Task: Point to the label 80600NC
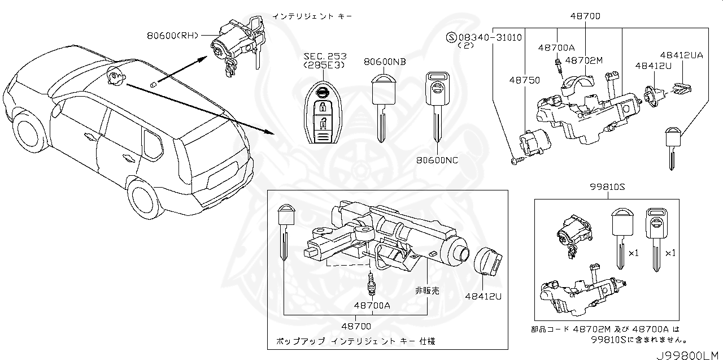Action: (438, 159)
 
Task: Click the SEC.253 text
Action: (325, 57)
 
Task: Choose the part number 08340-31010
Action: (489, 37)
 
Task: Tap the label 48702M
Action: (584, 60)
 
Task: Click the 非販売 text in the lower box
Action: (427, 290)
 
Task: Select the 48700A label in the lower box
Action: (372, 305)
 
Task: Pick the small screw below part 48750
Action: (515, 162)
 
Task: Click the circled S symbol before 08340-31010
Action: (451, 37)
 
